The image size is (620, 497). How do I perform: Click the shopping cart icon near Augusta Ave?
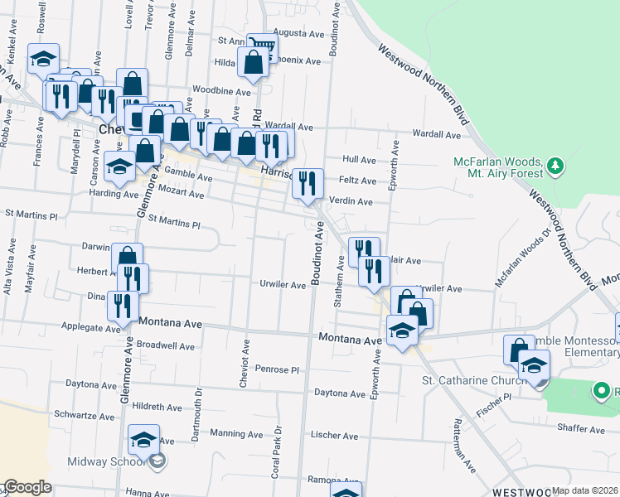[263, 46]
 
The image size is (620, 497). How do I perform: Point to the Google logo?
[27, 487]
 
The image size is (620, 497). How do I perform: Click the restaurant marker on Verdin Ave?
[308, 184]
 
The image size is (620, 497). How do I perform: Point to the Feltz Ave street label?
[358, 181]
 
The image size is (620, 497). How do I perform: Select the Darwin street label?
[98, 247]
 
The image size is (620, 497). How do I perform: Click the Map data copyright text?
[584, 490]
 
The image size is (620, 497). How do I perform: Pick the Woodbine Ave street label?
[221, 91]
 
